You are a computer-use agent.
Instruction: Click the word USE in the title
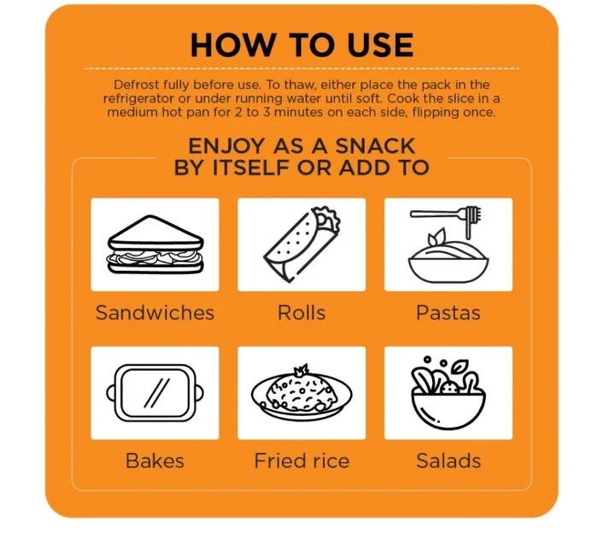[380, 45]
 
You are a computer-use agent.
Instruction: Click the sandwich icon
[155, 244]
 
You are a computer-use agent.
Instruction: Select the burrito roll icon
[302, 244]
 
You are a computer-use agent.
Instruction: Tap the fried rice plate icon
[301, 392]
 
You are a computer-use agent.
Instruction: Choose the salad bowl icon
[448, 393]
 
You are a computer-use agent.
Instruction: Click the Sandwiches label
[155, 313]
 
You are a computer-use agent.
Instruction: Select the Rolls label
[301, 313]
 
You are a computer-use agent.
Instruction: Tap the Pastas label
[448, 313]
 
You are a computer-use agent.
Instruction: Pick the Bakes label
[155, 461]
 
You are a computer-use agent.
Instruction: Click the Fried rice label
[301, 461]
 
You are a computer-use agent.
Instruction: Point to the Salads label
[448, 461]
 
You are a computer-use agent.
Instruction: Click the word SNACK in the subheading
[375, 146]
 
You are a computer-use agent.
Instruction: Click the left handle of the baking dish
[111, 393]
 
